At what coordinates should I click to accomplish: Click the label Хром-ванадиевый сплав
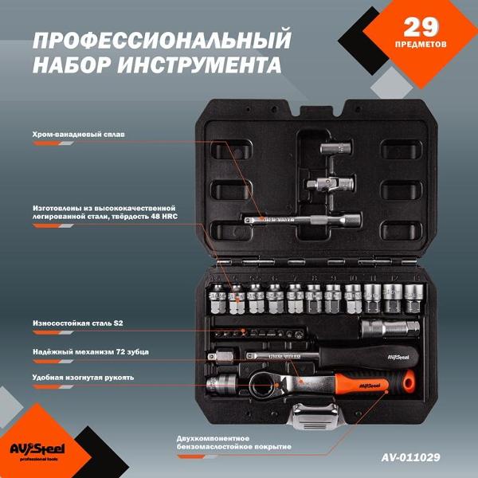[x=78, y=134]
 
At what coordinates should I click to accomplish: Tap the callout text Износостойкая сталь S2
[x=77, y=323]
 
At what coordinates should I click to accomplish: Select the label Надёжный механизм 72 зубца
[x=90, y=351]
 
